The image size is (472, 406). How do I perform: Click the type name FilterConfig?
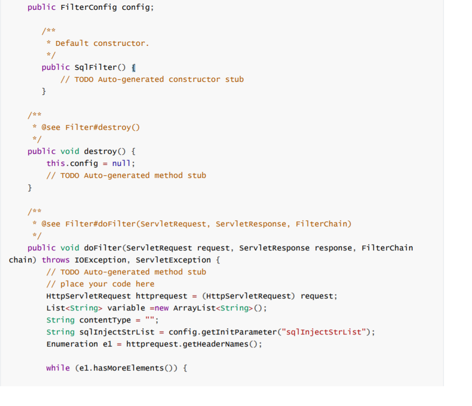88,7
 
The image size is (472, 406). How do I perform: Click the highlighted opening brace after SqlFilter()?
134,68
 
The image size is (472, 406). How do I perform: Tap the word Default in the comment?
72,44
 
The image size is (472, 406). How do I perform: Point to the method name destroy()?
104,151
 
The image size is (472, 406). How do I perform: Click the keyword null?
121,163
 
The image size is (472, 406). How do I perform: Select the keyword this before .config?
56,163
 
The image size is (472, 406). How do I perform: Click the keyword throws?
56,260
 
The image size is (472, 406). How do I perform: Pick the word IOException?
100,260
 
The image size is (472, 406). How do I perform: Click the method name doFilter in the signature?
103,248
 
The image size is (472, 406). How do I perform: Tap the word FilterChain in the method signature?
387,248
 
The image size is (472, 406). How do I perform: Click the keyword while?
58,368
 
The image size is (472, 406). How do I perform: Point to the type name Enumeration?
72,344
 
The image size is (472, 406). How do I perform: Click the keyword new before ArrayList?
161,308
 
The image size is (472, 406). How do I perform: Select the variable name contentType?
105,320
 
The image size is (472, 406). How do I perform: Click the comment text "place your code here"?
107,284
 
